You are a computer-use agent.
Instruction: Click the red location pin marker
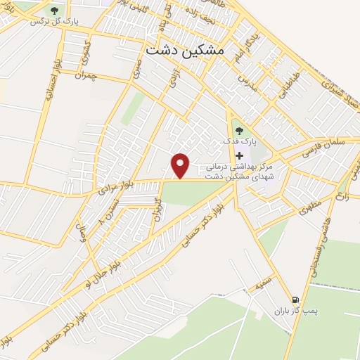[181, 165]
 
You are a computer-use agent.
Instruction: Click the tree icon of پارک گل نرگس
[55, 10]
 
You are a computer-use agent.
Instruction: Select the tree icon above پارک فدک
[238, 129]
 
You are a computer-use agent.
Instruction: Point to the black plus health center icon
[240, 155]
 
